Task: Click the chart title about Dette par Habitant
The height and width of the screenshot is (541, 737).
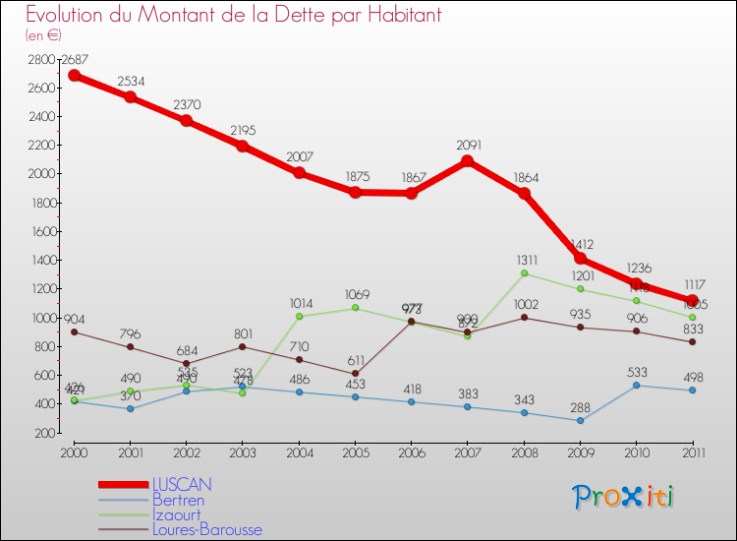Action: [233, 15]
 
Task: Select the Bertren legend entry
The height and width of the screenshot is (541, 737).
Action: [180, 500]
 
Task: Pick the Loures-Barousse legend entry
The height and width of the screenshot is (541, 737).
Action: [206, 529]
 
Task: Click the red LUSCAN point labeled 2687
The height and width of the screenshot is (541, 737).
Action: [74, 75]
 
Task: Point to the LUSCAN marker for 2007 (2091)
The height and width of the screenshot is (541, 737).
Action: [467, 161]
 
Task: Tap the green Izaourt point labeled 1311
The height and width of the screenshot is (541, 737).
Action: [524, 272]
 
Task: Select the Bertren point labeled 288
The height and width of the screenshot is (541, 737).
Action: [580, 420]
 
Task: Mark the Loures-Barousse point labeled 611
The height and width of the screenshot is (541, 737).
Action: [355, 373]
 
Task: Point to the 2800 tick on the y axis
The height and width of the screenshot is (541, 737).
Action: [40, 59]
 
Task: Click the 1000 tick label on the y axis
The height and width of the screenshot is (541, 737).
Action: [40, 318]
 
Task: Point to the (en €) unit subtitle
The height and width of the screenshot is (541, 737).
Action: [43, 35]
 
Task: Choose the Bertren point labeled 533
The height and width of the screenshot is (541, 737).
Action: [636, 385]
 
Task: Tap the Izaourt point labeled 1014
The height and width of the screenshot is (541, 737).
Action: [299, 316]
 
